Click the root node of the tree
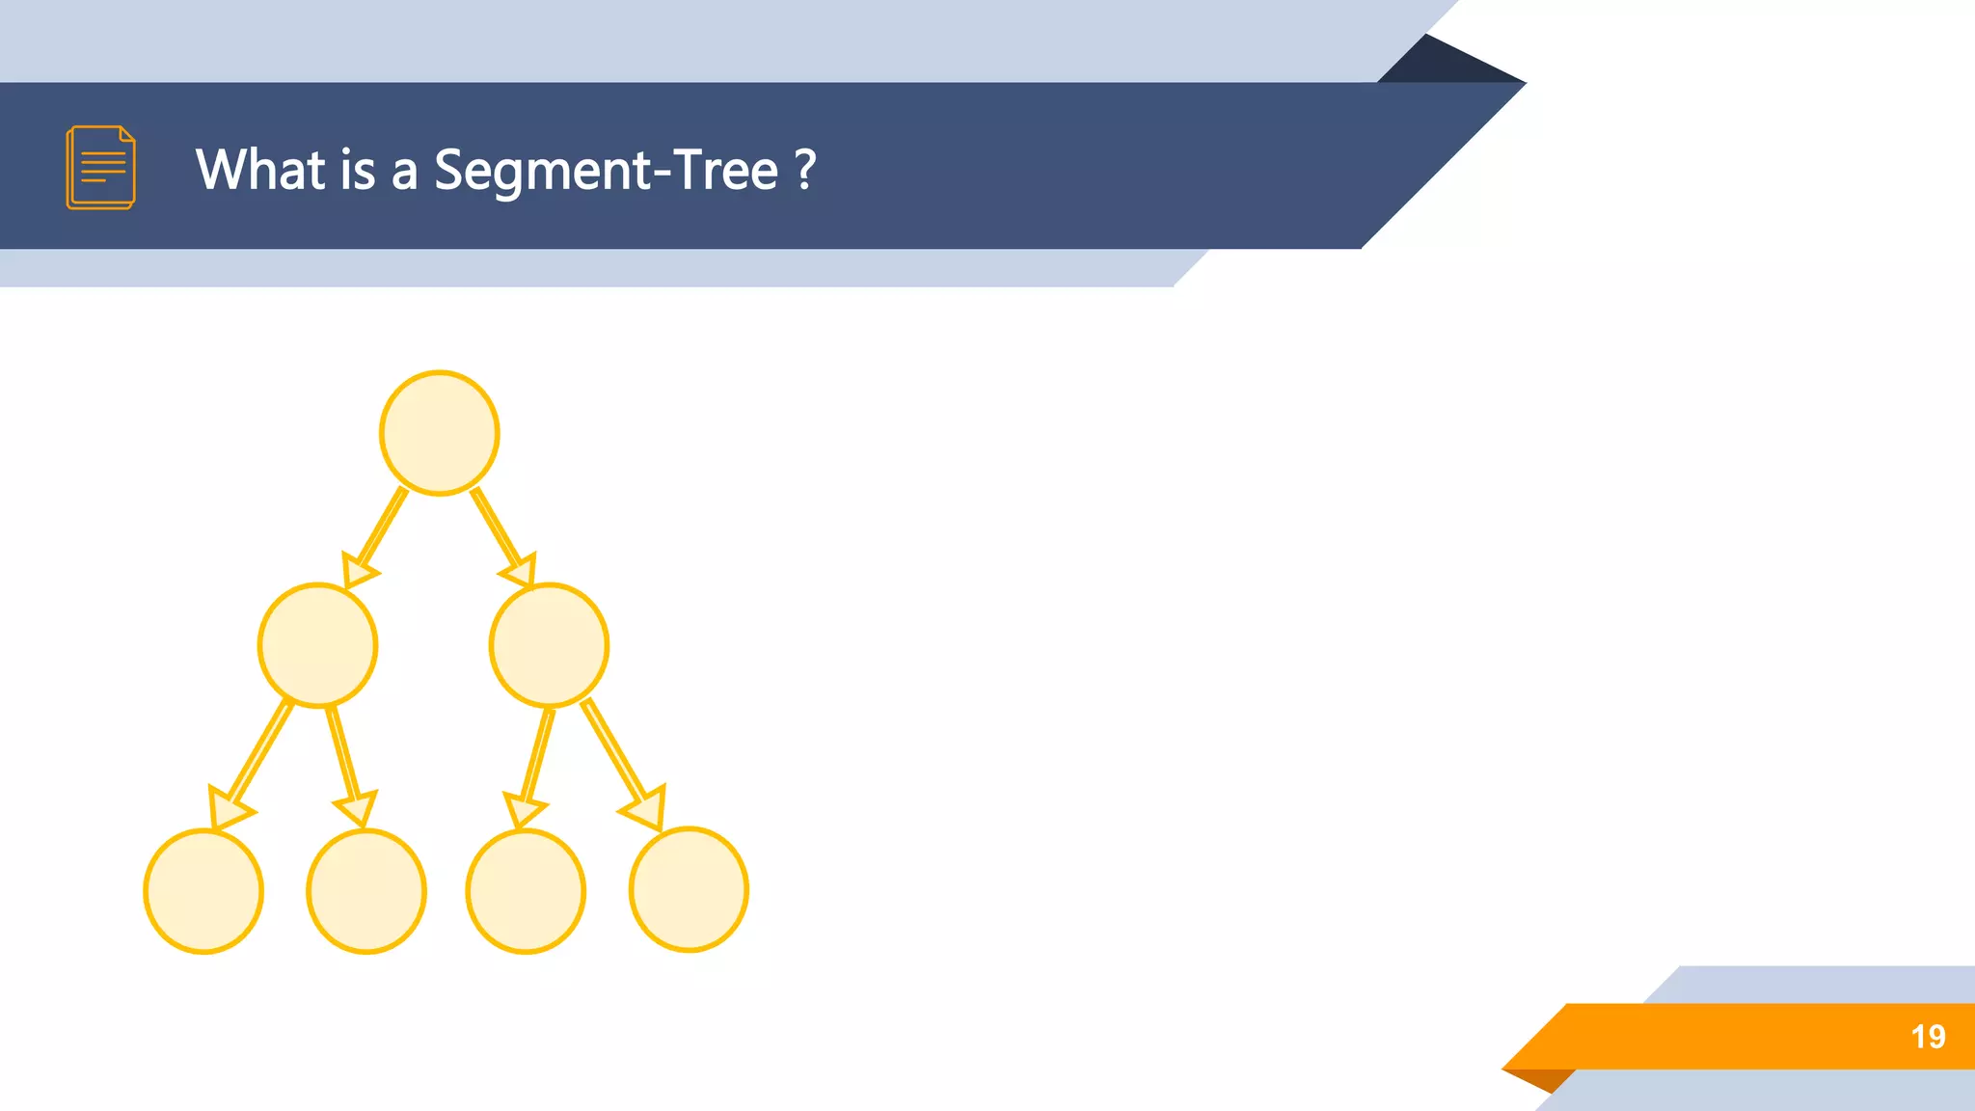439,433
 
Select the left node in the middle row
317,645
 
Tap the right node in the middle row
549,645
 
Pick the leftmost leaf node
203,891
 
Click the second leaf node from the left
366,891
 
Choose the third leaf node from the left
526,891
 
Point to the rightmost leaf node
689,889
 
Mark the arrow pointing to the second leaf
345,762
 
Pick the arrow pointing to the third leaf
536,762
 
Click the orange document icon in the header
101,167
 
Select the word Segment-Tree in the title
606,170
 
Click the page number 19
1928,1037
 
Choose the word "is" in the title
358,170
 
